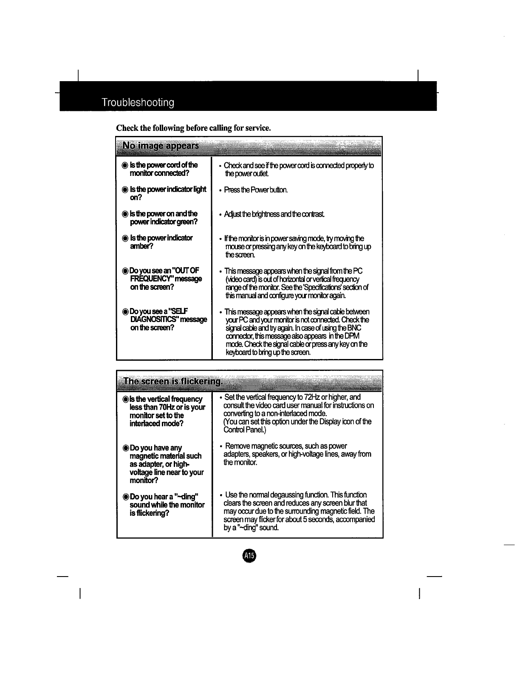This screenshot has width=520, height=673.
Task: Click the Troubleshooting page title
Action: (x=138, y=103)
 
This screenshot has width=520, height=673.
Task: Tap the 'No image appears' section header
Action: (x=160, y=146)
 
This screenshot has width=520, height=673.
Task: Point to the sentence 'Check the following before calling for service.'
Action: (x=194, y=128)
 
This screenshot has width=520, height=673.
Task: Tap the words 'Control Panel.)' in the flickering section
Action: (x=244, y=430)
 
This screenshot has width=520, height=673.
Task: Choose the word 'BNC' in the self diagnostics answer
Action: (x=354, y=328)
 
